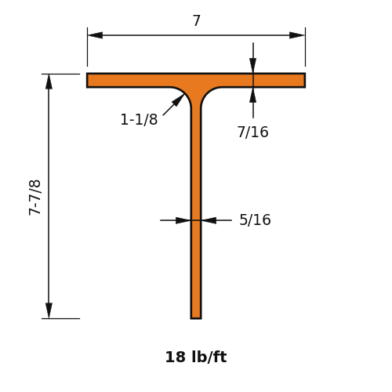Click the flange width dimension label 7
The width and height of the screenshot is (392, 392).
click(x=197, y=20)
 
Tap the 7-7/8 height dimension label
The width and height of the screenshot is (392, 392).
click(x=34, y=198)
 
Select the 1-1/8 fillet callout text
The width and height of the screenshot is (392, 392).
click(x=139, y=119)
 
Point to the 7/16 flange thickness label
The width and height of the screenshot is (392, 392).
click(x=252, y=132)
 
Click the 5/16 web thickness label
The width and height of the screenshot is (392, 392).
click(x=255, y=220)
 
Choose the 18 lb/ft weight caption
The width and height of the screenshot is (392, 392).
click(x=196, y=357)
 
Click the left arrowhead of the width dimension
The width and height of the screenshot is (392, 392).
click(x=95, y=35)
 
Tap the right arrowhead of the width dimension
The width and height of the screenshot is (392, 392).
click(x=297, y=35)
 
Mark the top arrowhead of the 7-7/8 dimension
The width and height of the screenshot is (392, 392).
click(x=49, y=82)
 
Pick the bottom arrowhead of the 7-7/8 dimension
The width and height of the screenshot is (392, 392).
click(x=49, y=310)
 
